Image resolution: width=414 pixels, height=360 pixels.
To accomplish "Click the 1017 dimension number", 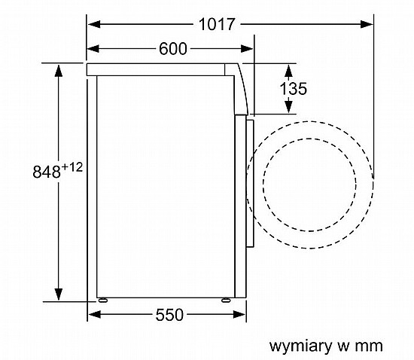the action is pyautogui.click(x=217, y=24).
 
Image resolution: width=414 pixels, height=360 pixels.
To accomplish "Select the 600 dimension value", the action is pyautogui.click(x=173, y=49).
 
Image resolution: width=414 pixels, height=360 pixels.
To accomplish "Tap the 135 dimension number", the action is pyautogui.click(x=293, y=88).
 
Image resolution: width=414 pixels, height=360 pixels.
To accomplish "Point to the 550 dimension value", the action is pyautogui.click(x=169, y=315).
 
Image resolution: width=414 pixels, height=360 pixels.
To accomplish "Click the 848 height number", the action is pyautogui.click(x=47, y=172).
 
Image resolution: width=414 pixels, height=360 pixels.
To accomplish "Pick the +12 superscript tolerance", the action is pyautogui.click(x=72, y=167).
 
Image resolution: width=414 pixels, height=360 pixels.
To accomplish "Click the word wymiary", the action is pyautogui.click(x=300, y=346).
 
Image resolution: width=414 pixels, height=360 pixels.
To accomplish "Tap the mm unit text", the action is pyautogui.click(x=369, y=346).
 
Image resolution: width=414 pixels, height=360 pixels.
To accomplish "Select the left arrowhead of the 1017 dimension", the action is pyautogui.click(x=94, y=24).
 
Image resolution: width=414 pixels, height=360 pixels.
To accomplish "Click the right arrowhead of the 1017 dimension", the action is pyautogui.click(x=367, y=24).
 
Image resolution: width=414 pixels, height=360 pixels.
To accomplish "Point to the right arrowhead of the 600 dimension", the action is pyautogui.click(x=247, y=49).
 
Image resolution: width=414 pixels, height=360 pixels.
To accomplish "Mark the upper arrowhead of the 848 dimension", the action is pyautogui.click(x=59, y=70).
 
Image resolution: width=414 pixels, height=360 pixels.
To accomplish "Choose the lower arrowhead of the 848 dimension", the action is pyautogui.click(x=59, y=294).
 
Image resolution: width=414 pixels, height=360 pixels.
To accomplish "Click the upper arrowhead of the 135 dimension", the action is pyautogui.click(x=288, y=71).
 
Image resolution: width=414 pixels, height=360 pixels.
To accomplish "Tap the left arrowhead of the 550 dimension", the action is pyautogui.click(x=95, y=315).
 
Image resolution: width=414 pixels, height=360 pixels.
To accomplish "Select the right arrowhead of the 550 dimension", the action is pyautogui.click(x=239, y=315).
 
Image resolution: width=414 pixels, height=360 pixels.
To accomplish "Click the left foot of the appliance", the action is pyautogui.click(x=102, y=300).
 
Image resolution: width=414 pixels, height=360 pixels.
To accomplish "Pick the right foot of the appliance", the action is pyautogui.click(x=226, y=300).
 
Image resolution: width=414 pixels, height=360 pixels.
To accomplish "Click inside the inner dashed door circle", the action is pyautogui.click(x=309, y=185).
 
